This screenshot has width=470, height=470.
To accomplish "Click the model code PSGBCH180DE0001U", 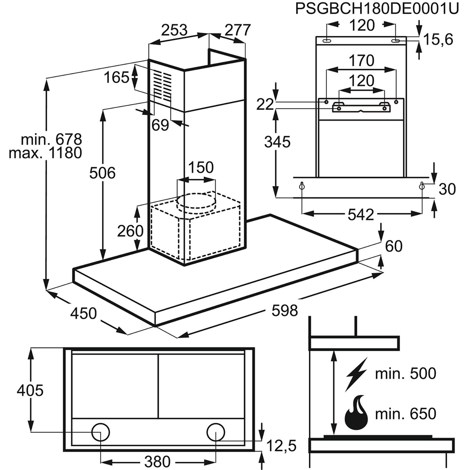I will click(x=377, y=9).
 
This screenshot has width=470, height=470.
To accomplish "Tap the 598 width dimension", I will click(x=285, y=311).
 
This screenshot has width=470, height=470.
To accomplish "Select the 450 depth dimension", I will click(x=83, y=313).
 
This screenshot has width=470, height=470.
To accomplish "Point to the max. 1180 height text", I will click(x=45, y=153).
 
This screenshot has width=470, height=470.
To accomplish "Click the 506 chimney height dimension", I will click(x=102, y=173).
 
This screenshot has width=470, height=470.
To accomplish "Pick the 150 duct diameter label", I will click(x=201, y=167).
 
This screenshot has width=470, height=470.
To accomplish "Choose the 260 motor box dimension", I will click(x=130, y=231).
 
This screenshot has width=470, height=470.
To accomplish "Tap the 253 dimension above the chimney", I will click(x=174, y=30).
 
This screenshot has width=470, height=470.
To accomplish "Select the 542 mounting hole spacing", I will click(x=361, y=215).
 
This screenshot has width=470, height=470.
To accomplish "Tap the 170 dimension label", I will click(x=361, y=60).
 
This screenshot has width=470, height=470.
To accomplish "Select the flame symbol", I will click(x=357, y=414).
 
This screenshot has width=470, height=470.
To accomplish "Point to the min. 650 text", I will click(x=405, y=414).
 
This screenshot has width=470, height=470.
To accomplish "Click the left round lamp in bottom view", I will click(x=101, y=432).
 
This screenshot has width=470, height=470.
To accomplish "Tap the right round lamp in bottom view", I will click(x=216, y=432).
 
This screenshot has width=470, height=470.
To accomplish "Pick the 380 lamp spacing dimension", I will click(x=158, y=461).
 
